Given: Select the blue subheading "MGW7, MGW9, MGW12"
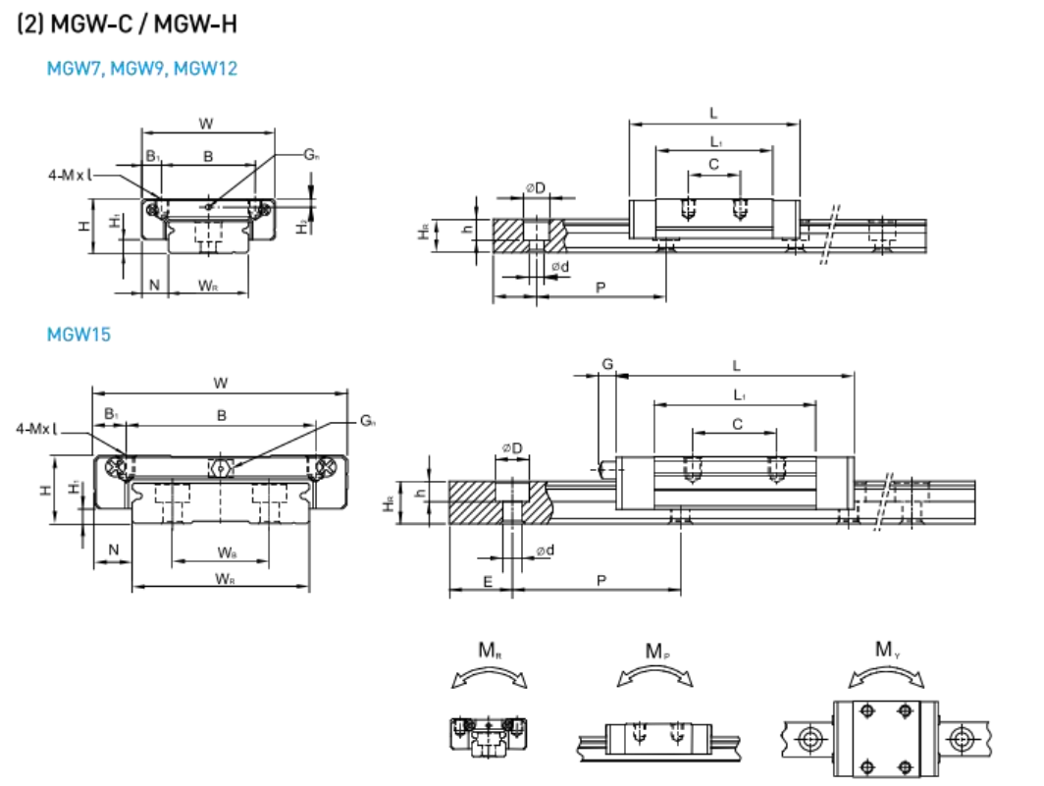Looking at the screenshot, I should [142, 69].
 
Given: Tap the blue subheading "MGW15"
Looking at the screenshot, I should [78, 335].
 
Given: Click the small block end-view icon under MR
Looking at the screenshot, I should [488, 733].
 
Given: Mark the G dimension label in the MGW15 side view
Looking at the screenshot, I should [607, 365].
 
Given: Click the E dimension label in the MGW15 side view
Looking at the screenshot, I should [488, 581].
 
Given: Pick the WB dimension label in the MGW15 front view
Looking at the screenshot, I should [226, 552].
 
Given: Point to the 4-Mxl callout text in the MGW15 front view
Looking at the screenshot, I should [36, 429].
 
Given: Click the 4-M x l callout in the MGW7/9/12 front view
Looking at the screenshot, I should [76, 176].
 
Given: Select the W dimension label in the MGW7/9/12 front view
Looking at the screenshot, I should [206, 124].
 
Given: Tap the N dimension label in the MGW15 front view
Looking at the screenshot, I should [114, 550].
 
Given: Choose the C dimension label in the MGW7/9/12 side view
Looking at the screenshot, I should [713, 164].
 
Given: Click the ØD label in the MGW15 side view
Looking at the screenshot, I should [511, 448].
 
